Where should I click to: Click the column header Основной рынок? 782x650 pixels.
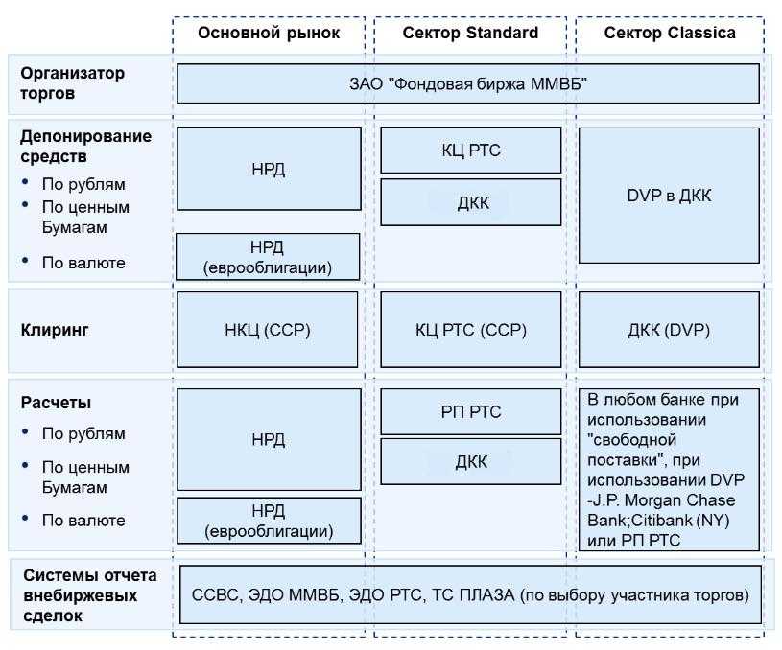269,34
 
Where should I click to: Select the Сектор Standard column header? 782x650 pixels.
469,34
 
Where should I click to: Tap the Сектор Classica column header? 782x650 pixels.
670,34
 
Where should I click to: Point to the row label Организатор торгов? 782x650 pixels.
75,83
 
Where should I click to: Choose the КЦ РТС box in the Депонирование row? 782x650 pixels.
470,150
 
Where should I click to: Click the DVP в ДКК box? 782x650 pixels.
669,196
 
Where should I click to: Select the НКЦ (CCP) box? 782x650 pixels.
269,331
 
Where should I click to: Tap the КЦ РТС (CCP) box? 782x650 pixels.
470,331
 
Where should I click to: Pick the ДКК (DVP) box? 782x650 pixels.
669,331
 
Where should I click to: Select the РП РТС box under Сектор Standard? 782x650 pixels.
470,412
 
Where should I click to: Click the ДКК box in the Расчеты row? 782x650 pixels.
470,462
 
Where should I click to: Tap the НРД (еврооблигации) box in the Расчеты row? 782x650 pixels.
269,520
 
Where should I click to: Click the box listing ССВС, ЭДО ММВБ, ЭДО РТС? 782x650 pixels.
470,594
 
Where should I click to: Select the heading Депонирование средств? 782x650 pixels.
86,145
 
